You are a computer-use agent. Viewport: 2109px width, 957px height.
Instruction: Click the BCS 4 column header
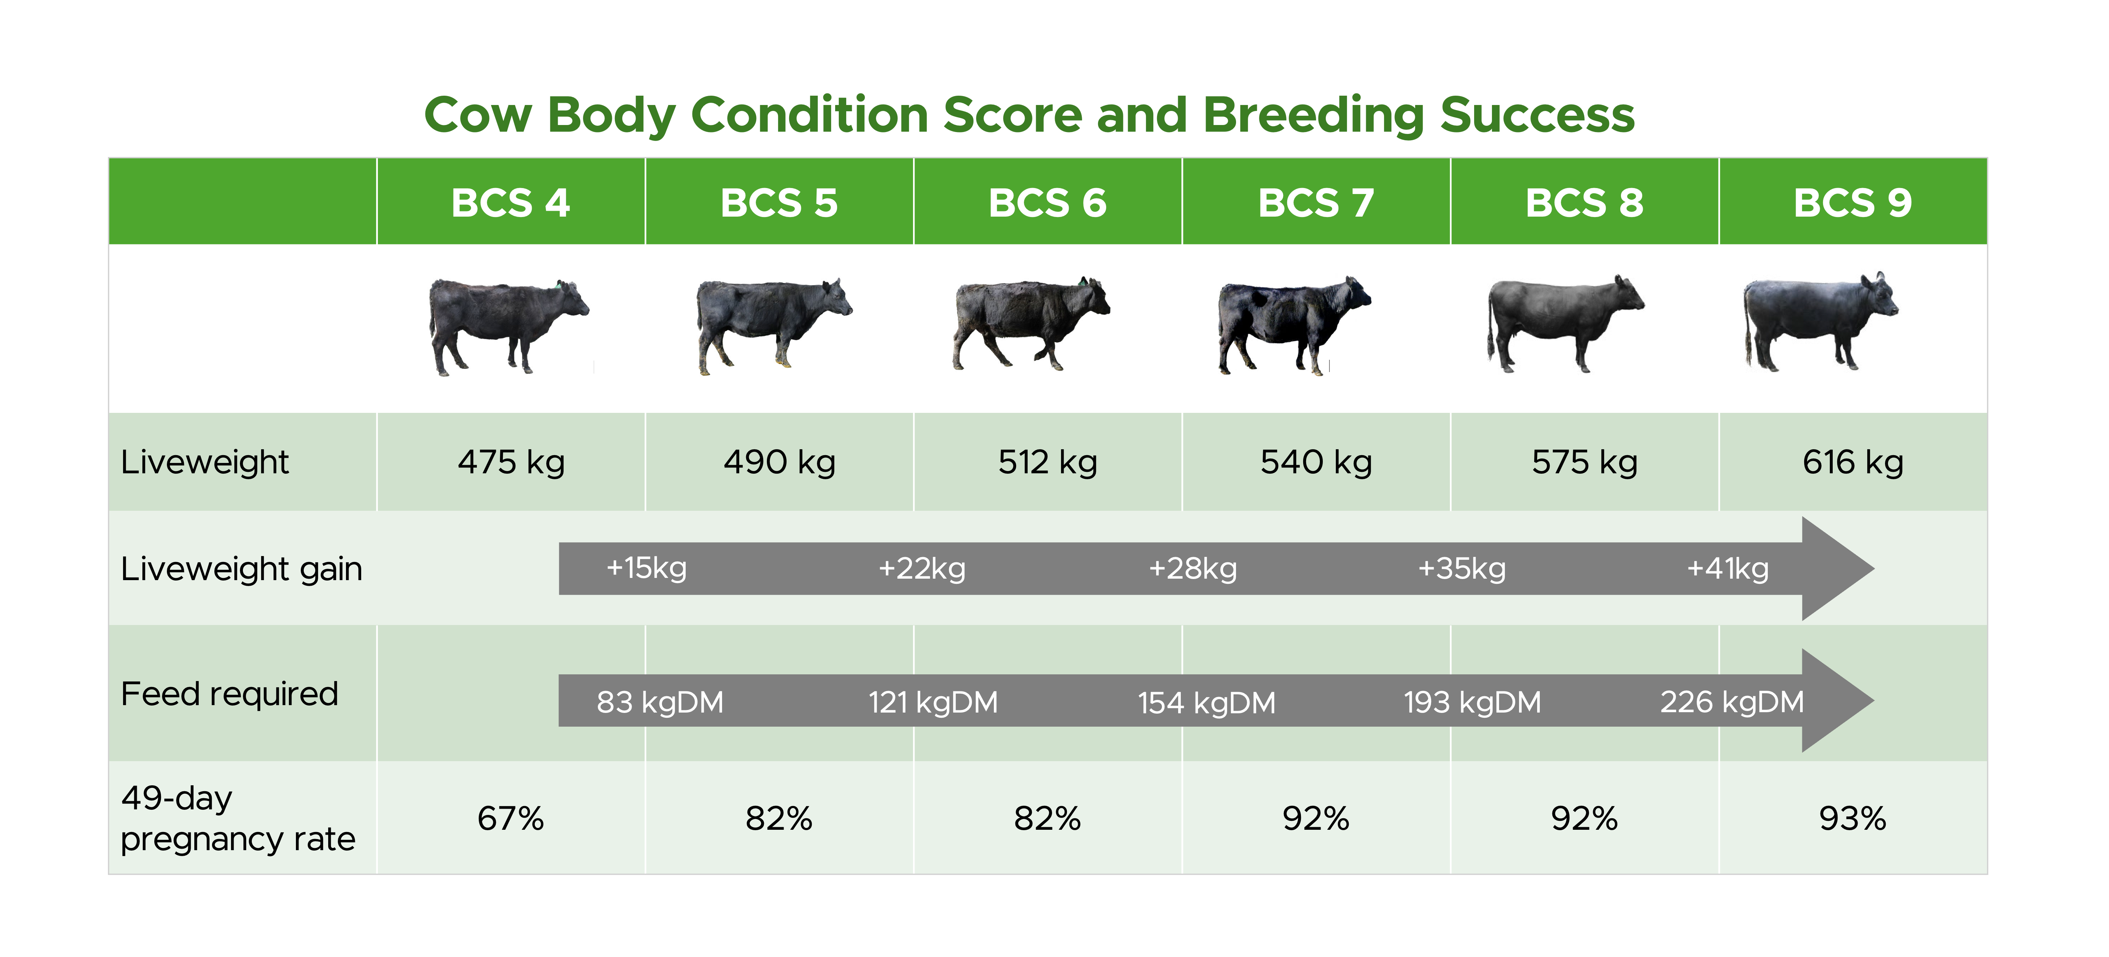pos(510,202)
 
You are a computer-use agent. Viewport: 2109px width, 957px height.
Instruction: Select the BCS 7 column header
pos(1316,202)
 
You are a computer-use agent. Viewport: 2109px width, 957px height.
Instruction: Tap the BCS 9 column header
pos(1853,202)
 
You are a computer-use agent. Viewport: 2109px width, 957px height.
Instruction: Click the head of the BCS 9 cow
pos(1879,295)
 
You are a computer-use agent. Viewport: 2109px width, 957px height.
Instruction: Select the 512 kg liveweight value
pos(1047,462)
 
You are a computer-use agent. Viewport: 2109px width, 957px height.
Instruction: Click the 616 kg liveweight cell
pos(1853,462)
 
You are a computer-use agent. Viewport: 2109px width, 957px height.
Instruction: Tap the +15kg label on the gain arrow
pos(646,568)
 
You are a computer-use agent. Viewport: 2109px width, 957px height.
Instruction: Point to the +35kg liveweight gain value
pos(1462,568)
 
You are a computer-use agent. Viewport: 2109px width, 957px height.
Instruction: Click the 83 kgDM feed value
pos(660,701)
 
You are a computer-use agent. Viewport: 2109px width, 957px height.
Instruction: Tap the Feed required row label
pos(229,693)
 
